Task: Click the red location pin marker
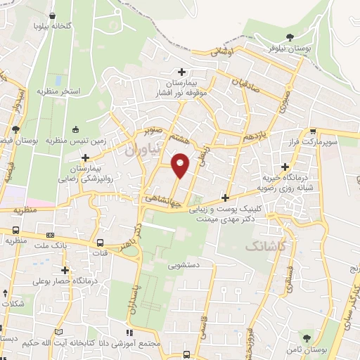pos(181,165)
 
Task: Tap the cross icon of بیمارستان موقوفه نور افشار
pos(181,71)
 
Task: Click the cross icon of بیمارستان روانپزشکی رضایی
pos(86,157)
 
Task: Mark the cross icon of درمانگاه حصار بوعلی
pos(65,269)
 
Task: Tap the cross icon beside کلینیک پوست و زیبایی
pos(225,198)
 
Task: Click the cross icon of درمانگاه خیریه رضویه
pos(285,167)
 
